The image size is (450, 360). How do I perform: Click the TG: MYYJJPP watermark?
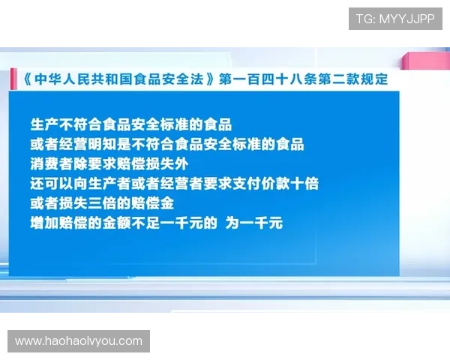point(395,19)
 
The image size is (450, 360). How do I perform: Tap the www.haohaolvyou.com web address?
point(78,341)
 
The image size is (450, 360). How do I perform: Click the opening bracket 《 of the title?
point(25,78)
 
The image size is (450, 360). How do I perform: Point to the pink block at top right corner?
point(424,61)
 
